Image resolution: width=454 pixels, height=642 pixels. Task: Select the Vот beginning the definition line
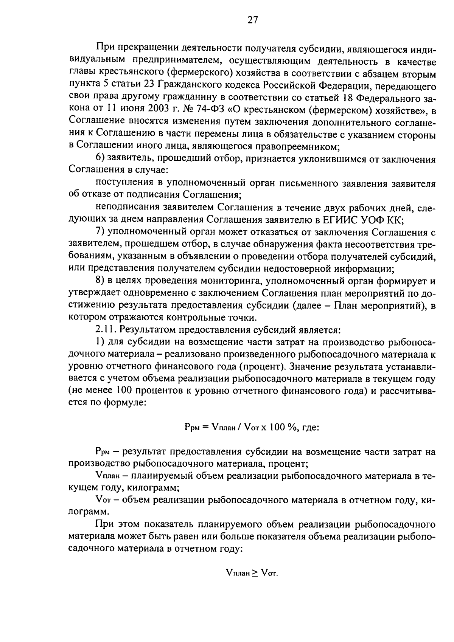[x=103, y=500]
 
